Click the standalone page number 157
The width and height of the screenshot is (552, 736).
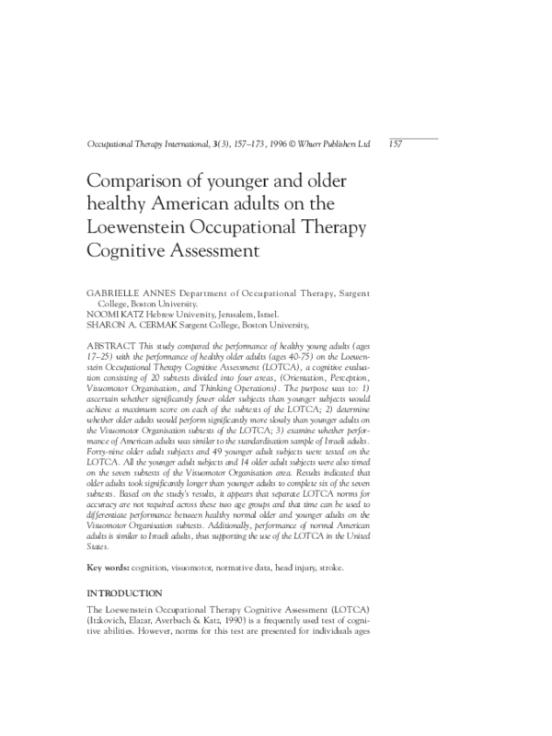coord(397,144)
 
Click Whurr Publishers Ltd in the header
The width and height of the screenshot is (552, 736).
coord(336,144)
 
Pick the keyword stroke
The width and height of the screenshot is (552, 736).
coord(327,568)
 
